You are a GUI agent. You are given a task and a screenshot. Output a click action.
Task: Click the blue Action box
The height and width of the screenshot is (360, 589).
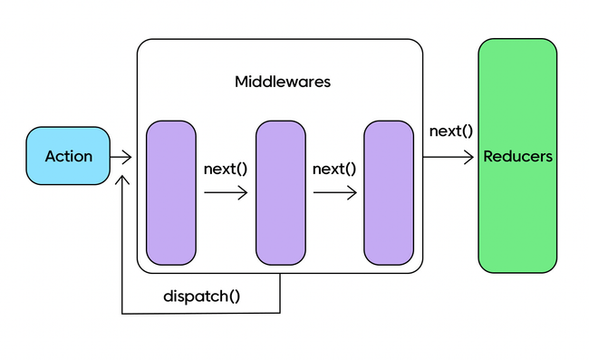69,156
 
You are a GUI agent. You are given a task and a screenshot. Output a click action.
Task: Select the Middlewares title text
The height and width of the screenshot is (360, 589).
282,82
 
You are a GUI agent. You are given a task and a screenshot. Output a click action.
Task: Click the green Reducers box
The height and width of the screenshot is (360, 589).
517,156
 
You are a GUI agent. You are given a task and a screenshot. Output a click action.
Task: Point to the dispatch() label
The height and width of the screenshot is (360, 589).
201,297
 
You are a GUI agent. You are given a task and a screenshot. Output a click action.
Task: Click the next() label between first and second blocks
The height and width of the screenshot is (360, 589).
226,169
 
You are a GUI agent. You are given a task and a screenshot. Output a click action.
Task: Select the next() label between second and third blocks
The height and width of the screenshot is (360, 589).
334,169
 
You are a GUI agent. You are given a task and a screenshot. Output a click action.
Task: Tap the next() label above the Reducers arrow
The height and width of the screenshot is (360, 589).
450,131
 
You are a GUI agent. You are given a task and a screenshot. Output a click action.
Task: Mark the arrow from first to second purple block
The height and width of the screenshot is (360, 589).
226,192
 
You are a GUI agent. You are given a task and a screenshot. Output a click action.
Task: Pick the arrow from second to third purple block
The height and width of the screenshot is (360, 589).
334,192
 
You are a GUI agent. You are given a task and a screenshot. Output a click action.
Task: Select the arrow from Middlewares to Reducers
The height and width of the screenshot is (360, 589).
448,157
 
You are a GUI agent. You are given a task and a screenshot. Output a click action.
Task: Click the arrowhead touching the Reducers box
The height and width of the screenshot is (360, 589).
470,157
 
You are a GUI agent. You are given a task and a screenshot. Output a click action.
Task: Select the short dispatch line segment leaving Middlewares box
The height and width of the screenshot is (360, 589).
280,293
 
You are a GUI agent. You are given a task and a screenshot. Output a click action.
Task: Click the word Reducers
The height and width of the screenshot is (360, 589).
517,156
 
